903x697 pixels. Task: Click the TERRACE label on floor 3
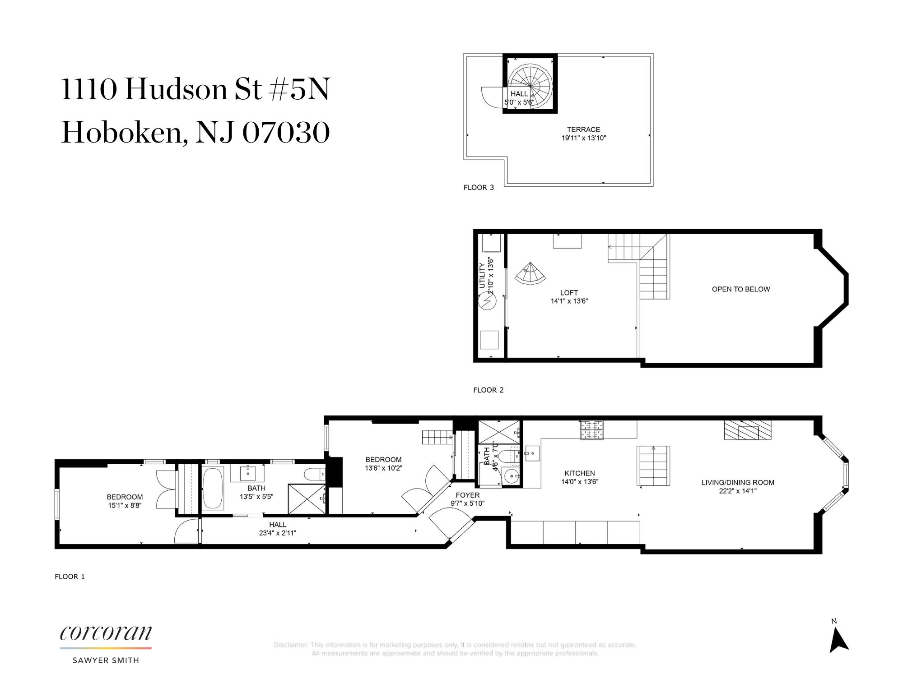(x=583, y=129)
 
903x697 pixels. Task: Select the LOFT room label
(x=569, y=293)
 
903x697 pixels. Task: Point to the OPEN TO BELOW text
(x=741, y=289)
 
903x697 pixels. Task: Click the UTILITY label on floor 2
(x=482, y=276)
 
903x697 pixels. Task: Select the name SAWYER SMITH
(x=106, y=660)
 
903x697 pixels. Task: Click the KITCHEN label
(x=580, y=473)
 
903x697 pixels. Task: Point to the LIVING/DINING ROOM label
(x=738, y=482)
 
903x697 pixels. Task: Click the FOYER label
(x=467, y=495)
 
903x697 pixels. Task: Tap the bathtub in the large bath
(x=212, y=488)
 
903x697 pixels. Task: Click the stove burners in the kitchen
(x=592, y=430)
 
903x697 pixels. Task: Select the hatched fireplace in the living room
(x=748, y=430)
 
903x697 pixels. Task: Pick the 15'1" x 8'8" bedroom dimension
(x=125, y=506)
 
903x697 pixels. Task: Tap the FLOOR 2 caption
(x=488, y=390)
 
